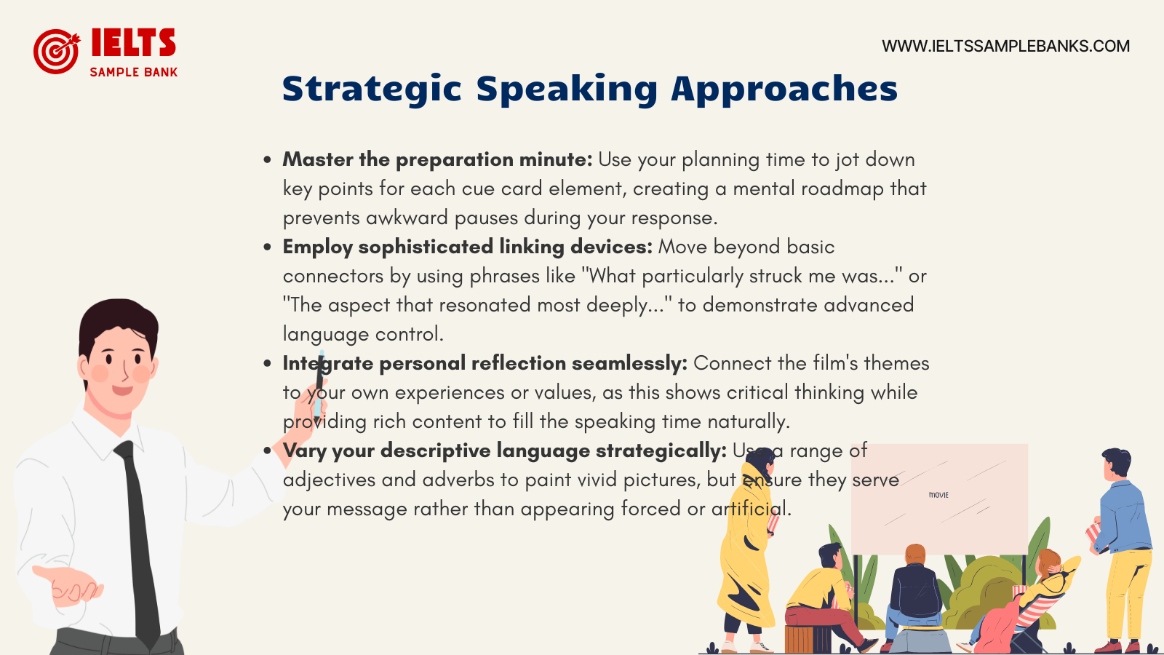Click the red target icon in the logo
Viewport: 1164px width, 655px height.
coord(56,51)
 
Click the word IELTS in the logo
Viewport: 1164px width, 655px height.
coord(133,43)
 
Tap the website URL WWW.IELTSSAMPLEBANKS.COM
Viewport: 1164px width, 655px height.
coord(1005,46)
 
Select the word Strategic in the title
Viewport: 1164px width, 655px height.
coord(372,90)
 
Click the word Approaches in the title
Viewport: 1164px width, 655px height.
coord(784,90)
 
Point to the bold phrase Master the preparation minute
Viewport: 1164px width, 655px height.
coord(437,159)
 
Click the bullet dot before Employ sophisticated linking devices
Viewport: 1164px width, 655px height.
coord(268,247)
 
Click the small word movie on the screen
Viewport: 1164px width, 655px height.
coord(938,495)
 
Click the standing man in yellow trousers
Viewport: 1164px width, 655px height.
coord(1125,546)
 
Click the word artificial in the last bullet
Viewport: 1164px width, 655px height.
coord(750,509)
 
